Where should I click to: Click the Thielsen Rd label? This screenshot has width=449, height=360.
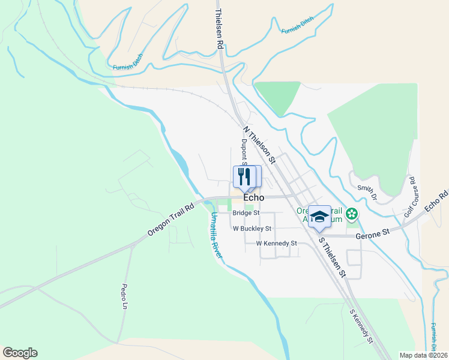tap(220, 29)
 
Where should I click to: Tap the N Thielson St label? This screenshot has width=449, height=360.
tap(259, 145)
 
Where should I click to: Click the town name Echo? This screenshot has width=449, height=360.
tap(255, 197)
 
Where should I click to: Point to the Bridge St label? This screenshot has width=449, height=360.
tap(246, 212)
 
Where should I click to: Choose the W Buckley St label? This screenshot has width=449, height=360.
tap(252, 228)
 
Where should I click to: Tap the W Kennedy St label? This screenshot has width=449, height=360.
tap(276, 243)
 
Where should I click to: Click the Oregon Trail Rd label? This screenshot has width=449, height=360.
tap(171, 220)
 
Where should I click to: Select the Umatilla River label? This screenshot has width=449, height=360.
tap(216, 235)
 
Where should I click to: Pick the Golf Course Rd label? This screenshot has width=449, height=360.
tap(409, 197)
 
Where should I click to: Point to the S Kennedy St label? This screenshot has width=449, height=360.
tap(361, 326)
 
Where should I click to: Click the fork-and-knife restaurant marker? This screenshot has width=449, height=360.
tap(244, 176)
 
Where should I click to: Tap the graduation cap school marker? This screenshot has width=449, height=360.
tap(319, 216)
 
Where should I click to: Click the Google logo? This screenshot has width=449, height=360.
tap(20, 353)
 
